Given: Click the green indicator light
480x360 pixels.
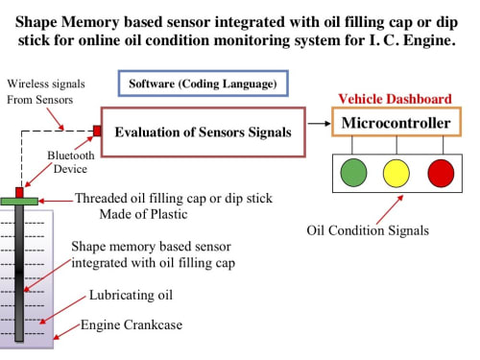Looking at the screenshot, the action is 353,173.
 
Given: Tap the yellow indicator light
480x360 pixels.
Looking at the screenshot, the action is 396,173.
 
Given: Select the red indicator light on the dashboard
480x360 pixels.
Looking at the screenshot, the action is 441,173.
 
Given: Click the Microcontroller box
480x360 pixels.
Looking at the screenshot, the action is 396,122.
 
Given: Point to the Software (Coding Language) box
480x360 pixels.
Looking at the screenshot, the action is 204,84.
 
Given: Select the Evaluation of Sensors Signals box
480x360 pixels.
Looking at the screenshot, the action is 204,132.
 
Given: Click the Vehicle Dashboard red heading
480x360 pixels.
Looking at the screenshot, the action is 395,99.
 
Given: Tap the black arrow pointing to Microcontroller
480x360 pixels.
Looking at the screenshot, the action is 319,123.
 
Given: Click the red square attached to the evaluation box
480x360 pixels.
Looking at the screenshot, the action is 97,131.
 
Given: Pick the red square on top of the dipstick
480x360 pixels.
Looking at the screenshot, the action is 19,192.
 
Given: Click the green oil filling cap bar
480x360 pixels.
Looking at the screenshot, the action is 19,202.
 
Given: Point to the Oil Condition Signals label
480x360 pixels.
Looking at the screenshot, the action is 368,230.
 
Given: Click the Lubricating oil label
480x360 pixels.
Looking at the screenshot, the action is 131,295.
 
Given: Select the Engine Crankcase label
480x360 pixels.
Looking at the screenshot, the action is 132,324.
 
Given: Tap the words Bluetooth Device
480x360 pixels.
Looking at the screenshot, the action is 71,162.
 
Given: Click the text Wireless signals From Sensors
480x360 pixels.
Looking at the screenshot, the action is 46,91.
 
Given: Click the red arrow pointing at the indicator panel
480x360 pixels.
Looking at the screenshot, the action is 390,209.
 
